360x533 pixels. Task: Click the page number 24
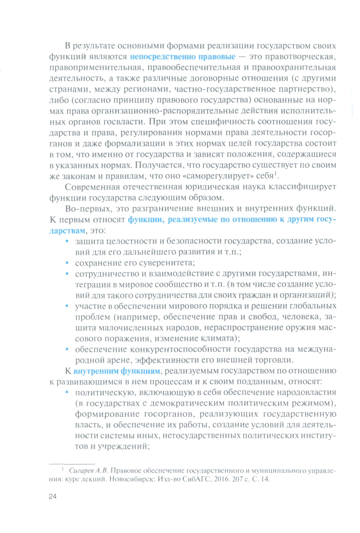click(52, 496)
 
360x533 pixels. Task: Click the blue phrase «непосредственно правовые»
click(183, 57)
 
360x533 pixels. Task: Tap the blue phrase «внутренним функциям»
click(117, 371)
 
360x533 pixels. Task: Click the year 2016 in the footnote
click(222, 479)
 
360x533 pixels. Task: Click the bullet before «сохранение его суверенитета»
click(67, 263)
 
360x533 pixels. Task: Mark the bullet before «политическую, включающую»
click(67, 392)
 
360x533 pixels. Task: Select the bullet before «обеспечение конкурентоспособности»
click(67, 349)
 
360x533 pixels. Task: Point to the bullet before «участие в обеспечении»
click(67, 306)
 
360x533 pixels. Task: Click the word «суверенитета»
click(167, 263)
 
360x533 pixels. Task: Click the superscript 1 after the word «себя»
click(276, 174)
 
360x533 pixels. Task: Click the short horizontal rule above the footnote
click(72, 463)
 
